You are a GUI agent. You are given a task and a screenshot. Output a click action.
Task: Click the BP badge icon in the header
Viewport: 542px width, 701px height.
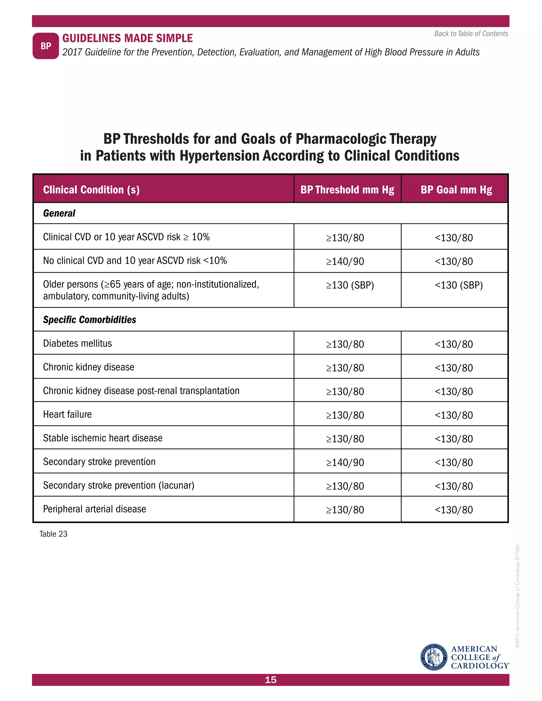click(46, 46)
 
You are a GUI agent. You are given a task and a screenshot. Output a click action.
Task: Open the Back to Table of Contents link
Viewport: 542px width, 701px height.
click(471, 34)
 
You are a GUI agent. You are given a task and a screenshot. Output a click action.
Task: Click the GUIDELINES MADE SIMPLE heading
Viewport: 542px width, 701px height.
click(128, 38)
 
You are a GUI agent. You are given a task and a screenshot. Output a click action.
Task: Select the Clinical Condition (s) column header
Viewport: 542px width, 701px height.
click(91, 190)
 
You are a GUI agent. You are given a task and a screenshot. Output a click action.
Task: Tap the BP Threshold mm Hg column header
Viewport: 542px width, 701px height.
click(347, 190)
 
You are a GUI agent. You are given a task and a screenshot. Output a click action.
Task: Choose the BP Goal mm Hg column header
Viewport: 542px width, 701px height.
click(456, 190)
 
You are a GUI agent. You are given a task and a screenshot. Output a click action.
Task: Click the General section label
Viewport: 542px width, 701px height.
click(59, 213)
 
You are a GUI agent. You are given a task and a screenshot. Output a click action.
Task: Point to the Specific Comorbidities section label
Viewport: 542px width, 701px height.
click(90, 320)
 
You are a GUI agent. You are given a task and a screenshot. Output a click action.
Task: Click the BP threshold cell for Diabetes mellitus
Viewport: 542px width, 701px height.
click(345, 344)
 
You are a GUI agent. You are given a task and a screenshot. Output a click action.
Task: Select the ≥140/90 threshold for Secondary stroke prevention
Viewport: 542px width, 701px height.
click(345, 462)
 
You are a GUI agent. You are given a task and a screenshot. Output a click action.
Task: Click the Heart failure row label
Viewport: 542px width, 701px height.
click(67, 414)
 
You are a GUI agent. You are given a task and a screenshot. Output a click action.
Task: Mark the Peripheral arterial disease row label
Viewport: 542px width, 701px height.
click(94, 509)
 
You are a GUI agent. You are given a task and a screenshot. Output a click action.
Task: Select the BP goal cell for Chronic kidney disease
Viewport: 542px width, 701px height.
click(454, 368)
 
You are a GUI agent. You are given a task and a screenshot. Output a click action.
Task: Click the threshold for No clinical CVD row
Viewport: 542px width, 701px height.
click(345, 262)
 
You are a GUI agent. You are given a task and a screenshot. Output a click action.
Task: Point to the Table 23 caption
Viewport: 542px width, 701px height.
click(53, 534)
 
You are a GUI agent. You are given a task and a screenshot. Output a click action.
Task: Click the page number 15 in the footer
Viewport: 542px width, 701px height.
click(271, 680)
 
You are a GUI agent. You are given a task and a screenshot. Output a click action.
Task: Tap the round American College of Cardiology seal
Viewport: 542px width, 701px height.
click(434, 657)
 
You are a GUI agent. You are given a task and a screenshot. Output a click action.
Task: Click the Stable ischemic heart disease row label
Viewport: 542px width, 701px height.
click(103, 438)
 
